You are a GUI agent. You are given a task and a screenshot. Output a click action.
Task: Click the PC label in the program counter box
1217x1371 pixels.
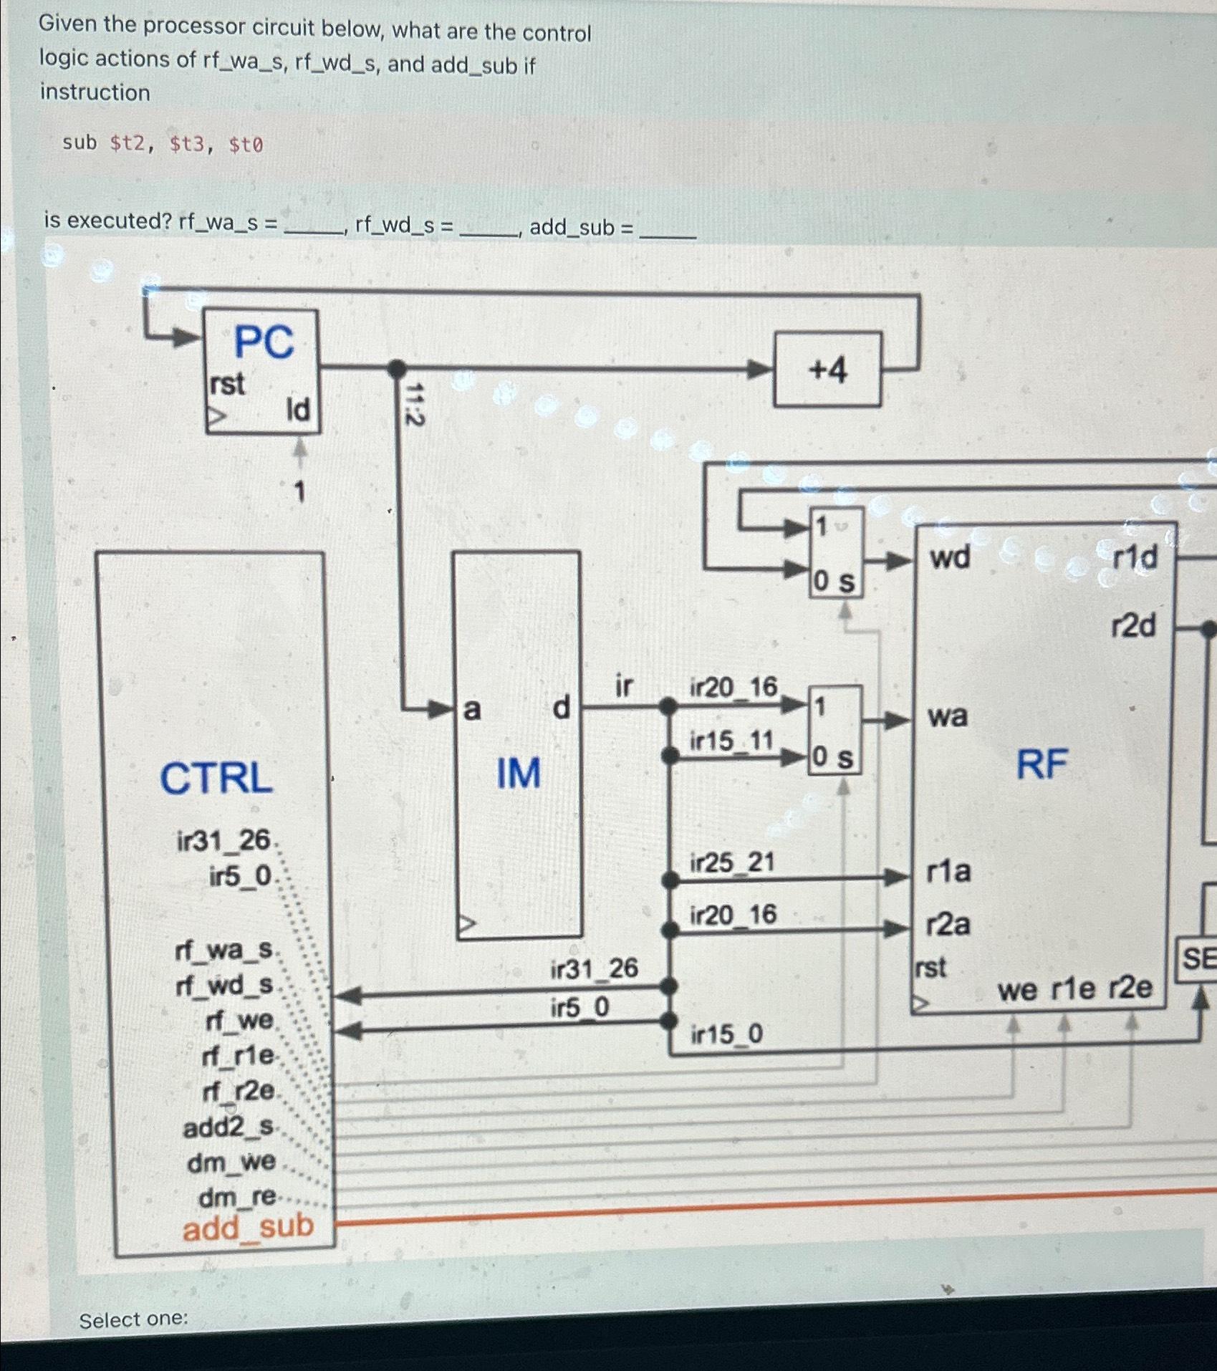click(x=264, y=342)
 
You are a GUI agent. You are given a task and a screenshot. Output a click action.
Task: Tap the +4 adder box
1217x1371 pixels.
click(x=827, y=370)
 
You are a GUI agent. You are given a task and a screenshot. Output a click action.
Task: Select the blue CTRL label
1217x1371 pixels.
click(x=216, y=778)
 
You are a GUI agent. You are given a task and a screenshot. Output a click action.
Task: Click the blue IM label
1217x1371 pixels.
click(x=519, y=774)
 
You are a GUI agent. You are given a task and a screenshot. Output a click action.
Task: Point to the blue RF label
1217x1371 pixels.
click(x=1042, y=764)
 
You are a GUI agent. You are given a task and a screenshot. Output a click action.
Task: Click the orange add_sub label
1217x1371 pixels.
click(x=248, y=1228)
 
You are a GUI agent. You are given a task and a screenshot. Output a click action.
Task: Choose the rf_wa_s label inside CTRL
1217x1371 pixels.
click(x=224, y=951)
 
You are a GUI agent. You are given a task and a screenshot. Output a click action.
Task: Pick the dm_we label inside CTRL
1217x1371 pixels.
click(x=231, y=1161)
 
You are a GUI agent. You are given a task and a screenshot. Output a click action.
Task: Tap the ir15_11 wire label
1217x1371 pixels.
click(x=731, y=741)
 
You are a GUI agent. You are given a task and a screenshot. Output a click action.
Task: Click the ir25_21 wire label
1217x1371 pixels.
click(x=732, y=862)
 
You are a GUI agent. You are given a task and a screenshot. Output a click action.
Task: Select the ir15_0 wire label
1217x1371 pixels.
click(x=726, y=1034)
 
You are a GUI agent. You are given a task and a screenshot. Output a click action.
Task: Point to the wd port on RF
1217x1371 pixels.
click(x=950, y=557)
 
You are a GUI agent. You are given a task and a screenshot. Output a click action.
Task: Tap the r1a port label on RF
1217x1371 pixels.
click(x=948, y=872)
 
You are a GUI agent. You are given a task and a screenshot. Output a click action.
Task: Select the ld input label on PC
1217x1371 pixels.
click(x=298, y=410)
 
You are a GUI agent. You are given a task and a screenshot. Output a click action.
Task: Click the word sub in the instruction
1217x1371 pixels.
click(x=79, y=143)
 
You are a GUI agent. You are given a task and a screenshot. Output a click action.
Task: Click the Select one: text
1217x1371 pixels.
click(x=133, y=1319)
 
